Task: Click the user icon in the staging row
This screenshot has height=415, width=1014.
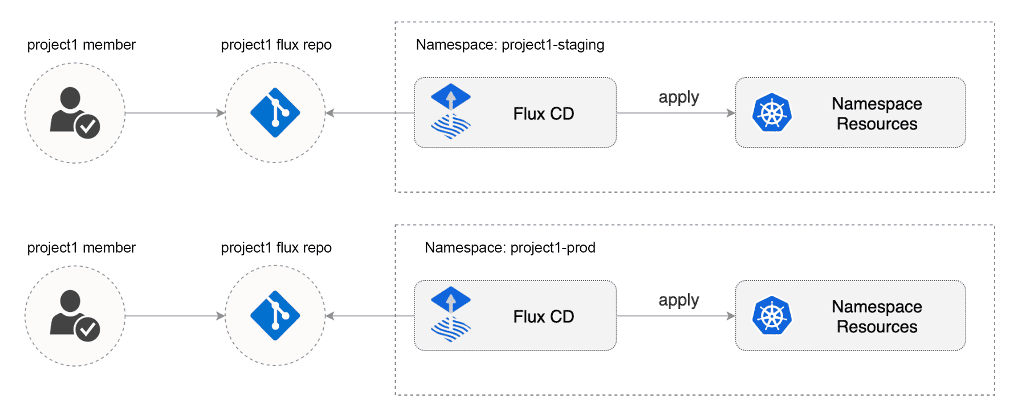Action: [x=75, y=113]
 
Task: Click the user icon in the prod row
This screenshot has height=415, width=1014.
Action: [x=75, y=316]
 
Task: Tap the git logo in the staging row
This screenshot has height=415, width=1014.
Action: [x=275, y=113]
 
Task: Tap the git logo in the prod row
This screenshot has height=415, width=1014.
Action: [x=275, y=316]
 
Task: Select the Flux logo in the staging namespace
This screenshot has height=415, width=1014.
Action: [x=451, y=112]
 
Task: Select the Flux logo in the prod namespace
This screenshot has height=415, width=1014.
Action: [x=451, y=315]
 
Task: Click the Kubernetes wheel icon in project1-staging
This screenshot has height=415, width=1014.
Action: [x=772, y=113]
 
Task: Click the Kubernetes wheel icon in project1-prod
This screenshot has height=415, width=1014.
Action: [x=772, y=316]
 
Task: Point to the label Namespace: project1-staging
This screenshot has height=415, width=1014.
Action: [x=510, y=44]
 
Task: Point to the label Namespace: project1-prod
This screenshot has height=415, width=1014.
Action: [x=510, y=247]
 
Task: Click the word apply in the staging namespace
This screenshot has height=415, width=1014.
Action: [x=678, y=97]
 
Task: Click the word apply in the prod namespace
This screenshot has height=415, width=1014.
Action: [x=678, y=300]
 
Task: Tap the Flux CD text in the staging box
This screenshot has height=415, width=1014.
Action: [x=543, y=113]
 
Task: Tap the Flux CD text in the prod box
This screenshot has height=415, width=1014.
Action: [x=543, y=316]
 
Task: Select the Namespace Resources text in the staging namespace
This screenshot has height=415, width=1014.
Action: [x=877, y=113]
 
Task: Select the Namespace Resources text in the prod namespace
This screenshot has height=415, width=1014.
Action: [x=877, y=316]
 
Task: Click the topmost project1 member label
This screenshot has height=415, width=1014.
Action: [x=82, y=44]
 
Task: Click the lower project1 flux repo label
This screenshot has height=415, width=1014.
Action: [x=276, y=247]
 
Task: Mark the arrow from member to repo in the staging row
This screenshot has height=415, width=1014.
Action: [x=174, y=113]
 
